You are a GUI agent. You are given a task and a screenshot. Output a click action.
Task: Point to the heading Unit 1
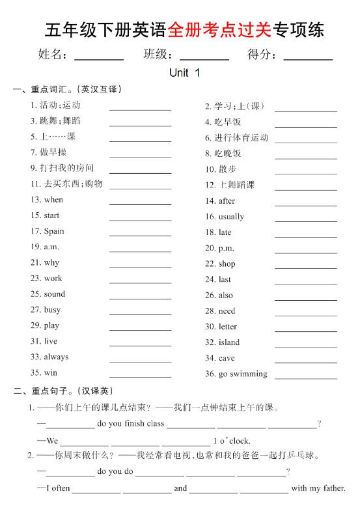(x=184, y=73)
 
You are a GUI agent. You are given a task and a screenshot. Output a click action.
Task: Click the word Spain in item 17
(x=54, y=231)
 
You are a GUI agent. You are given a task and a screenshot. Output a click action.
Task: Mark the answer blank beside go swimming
(x=305, y=376)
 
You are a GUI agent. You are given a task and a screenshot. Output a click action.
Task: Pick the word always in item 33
(x=56, y=357)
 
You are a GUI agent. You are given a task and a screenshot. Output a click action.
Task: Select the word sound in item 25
(x=55, y=294)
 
